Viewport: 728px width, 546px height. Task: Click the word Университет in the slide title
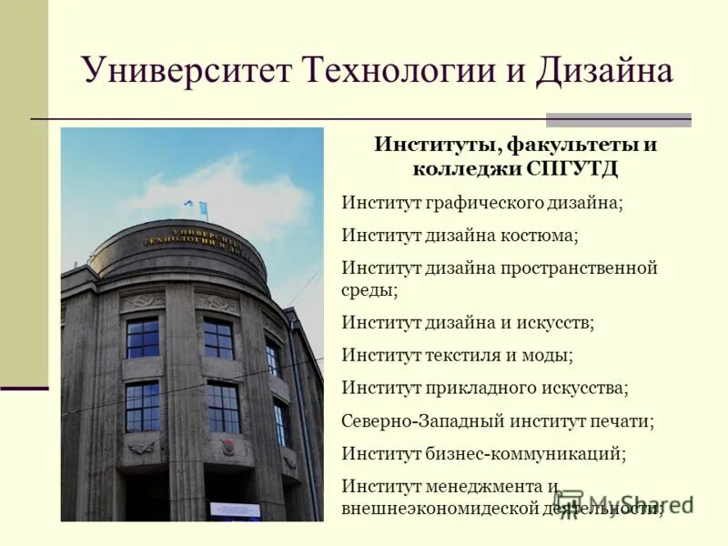click(x=187, y=70)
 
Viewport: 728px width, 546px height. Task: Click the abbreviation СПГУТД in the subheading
click(x=576, y=169)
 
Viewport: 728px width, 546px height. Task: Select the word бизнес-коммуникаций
click(x=524, y=452)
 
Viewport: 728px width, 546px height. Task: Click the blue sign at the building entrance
click(x=234, y=510)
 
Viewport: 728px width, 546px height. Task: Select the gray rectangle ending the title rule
click(x=618, y=119)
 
